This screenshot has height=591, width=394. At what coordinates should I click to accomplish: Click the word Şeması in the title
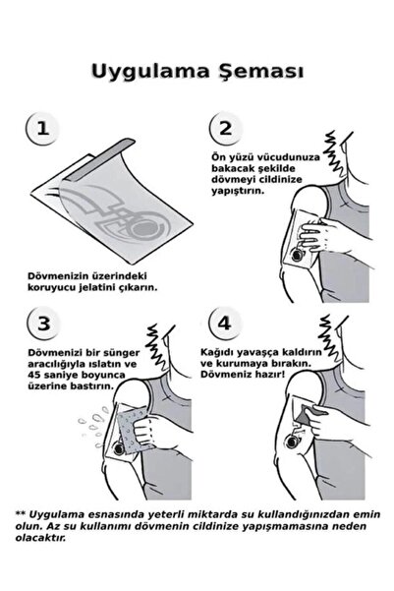[261, 71]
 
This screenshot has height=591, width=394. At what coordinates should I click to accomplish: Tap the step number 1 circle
[42, 128]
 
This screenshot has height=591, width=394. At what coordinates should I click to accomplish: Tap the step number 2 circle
[226, 128]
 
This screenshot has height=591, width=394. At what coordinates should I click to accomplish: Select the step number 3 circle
[43, 323]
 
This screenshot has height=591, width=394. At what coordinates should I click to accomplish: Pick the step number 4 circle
[225, 323]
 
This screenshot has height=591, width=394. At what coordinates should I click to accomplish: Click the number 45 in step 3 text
[34, 375]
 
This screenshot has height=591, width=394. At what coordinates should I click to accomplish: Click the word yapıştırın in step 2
[238, 191]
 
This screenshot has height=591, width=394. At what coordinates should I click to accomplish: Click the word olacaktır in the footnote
[40, 538]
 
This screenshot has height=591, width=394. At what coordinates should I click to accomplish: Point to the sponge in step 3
[134, 431]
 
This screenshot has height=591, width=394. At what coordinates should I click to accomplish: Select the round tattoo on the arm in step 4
[293, 441]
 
